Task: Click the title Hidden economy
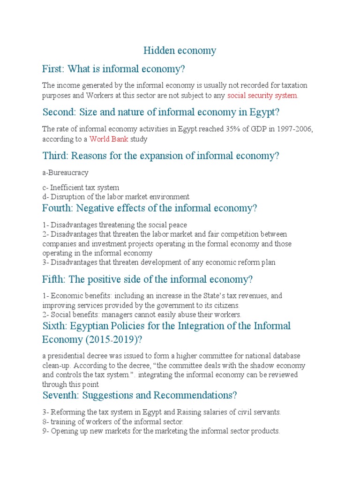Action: (180, 51)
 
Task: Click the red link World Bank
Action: (109, 139)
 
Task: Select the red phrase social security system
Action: (262, 96)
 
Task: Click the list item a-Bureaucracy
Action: (65, 172)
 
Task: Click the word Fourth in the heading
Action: (58, 208)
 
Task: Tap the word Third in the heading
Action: (55, 156)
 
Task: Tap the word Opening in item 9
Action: (64, 431)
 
